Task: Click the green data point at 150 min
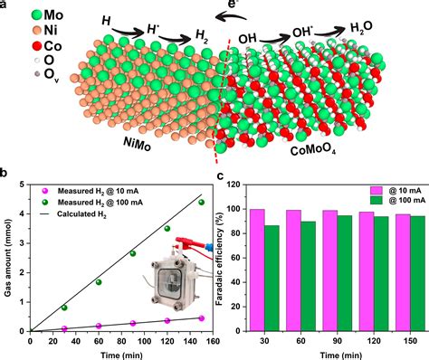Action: point(201,202)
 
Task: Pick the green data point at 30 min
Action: point(63,308)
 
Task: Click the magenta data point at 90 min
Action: point(132,323)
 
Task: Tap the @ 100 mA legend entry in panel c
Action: point(392,200)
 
